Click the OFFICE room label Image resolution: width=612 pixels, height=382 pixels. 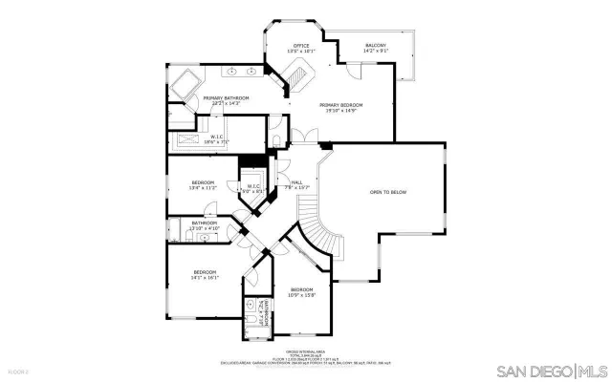point(301,46)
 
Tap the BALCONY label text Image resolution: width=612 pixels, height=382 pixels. point(376,46)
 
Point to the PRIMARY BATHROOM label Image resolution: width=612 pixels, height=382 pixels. point(226,97)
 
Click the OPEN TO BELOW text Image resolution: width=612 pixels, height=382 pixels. point(388,192)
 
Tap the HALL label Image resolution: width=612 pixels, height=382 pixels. point(297,181)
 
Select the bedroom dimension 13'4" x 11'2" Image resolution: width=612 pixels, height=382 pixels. point(202,188)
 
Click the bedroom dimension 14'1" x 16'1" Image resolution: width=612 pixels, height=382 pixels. point(206,277)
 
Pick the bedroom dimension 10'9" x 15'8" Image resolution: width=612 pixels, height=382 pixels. point(302,295)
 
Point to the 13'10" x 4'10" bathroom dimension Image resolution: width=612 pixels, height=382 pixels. point(206,229)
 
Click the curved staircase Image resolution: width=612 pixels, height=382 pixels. point(322,235)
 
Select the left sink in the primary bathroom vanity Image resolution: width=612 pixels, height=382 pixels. point(230,72)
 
